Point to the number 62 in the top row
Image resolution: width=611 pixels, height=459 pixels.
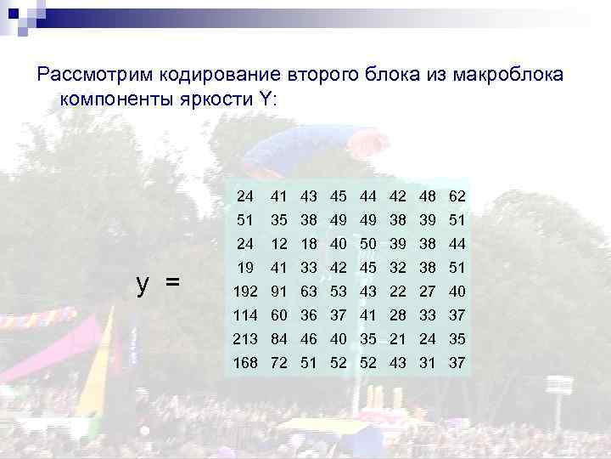[458, 197]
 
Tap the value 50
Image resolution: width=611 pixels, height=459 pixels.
[368, 245]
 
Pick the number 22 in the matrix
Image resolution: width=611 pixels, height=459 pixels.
[398, 293]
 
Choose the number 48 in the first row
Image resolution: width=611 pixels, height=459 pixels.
[429, 197]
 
